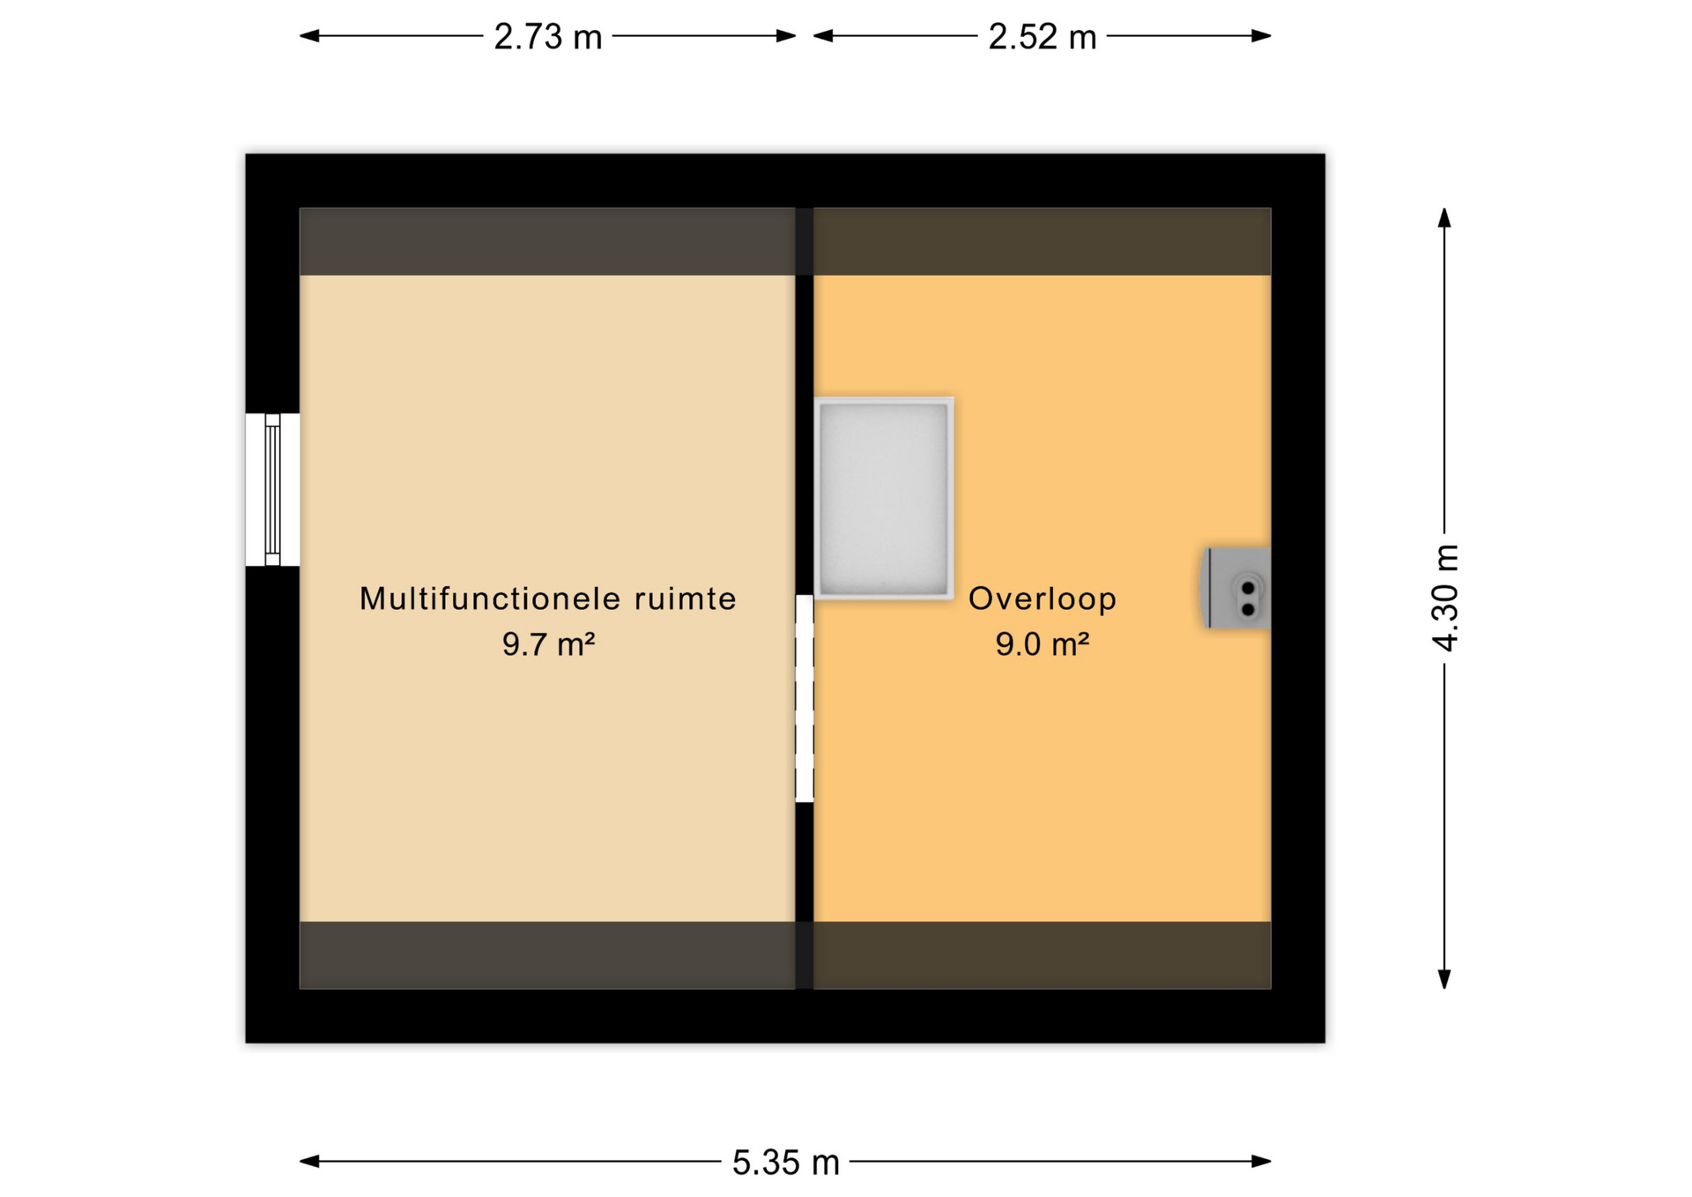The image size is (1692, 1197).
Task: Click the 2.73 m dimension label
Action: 547,37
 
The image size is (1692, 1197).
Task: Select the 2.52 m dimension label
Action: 1042,37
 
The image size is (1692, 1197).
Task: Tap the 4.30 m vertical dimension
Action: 1445,598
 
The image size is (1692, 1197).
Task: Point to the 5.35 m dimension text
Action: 785,1163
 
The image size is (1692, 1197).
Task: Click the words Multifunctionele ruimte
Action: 547,598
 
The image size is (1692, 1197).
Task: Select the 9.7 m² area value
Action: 548,644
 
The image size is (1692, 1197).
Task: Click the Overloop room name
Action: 1043,599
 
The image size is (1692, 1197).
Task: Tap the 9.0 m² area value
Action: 1043,644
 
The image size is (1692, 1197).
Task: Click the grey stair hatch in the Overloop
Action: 884,499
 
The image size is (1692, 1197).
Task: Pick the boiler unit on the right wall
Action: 1236,588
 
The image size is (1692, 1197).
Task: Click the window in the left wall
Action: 272,490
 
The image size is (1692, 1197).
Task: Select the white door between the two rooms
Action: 804,698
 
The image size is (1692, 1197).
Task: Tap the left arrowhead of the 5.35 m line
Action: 309,1162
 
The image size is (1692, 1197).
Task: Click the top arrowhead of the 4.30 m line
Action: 1444,218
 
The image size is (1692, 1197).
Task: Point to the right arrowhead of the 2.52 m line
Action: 1261,36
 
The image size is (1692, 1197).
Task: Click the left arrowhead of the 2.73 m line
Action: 309,36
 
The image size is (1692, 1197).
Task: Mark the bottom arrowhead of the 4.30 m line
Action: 1444,979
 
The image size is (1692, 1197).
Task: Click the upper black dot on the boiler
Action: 1248,588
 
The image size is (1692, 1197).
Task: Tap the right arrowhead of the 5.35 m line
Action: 1261,1162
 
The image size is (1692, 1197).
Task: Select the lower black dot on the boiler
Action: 1248,609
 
